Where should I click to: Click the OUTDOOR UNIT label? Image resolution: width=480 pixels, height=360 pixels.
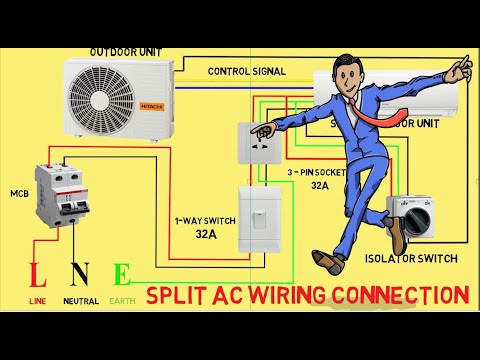pyautogui.click(x=127, y=51)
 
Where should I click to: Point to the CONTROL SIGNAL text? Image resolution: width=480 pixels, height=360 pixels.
pyautogui.click(x=246, y=71)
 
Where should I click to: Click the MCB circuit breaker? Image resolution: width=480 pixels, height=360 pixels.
pyautogui.click(x=59, y=200)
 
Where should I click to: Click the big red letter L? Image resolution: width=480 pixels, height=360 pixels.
pyautogui.click(x=37, y=275)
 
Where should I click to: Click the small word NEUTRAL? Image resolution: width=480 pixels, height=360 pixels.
pyautogui.click(x=80, y=300)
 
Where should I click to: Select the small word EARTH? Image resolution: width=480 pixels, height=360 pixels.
pyautogui.click(x=122, y=300)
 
